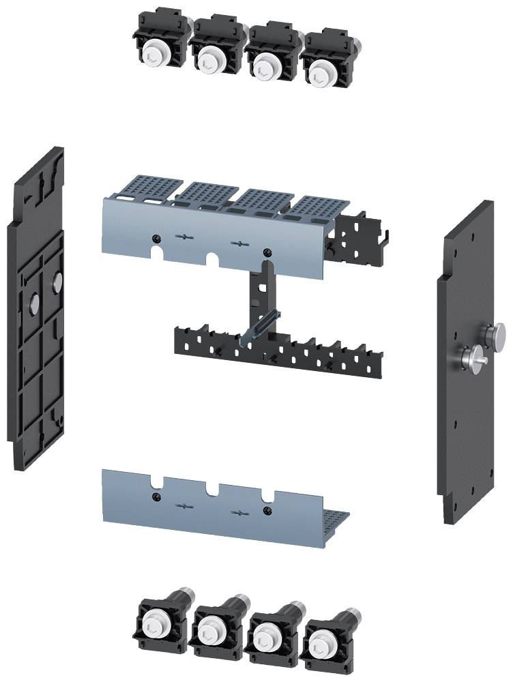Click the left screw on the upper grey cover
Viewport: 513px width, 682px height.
click(x=158, y=237)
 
